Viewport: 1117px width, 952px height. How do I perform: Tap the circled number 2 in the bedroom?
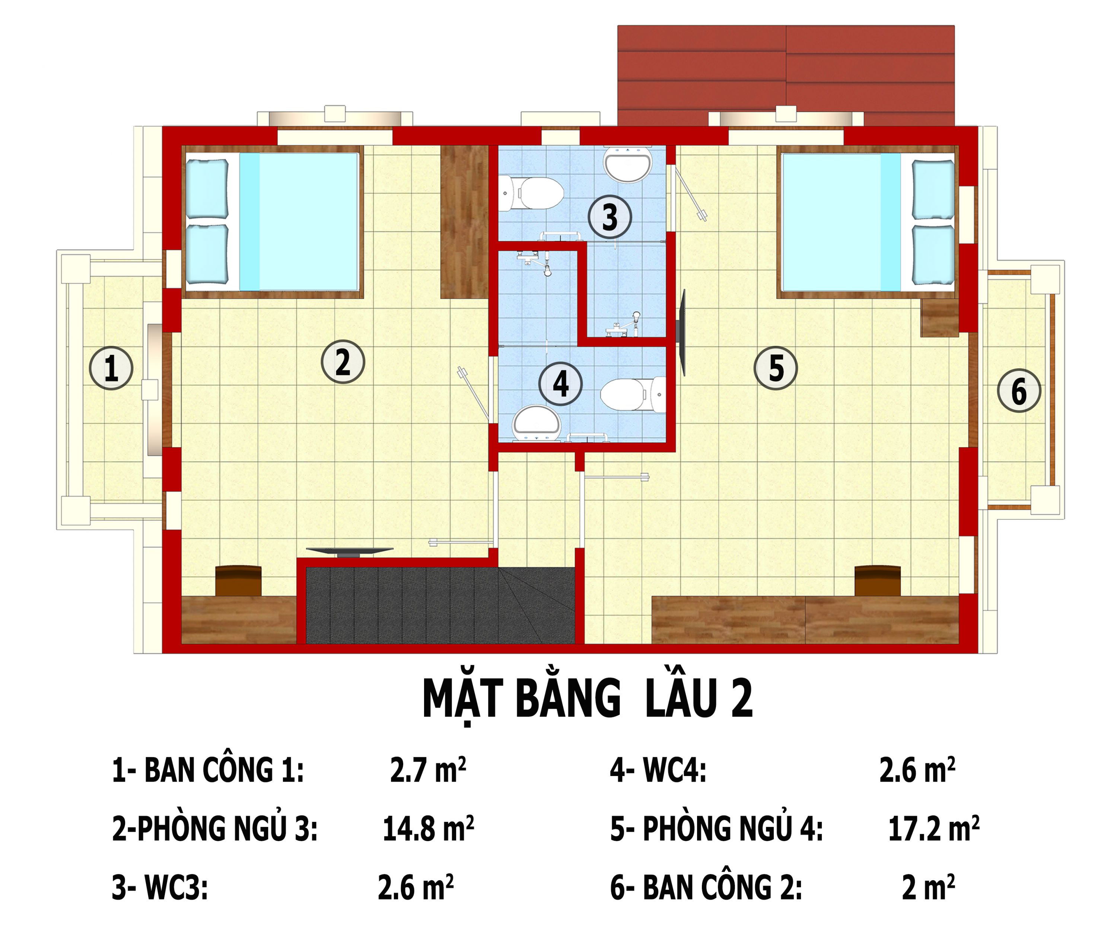343,362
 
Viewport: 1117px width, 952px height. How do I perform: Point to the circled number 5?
776,369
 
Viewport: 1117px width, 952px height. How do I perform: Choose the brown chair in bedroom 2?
238,580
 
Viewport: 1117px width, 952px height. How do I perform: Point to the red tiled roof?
786,70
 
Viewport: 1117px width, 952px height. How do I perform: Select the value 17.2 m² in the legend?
933,829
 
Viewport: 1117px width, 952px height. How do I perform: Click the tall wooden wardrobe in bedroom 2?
464,221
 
